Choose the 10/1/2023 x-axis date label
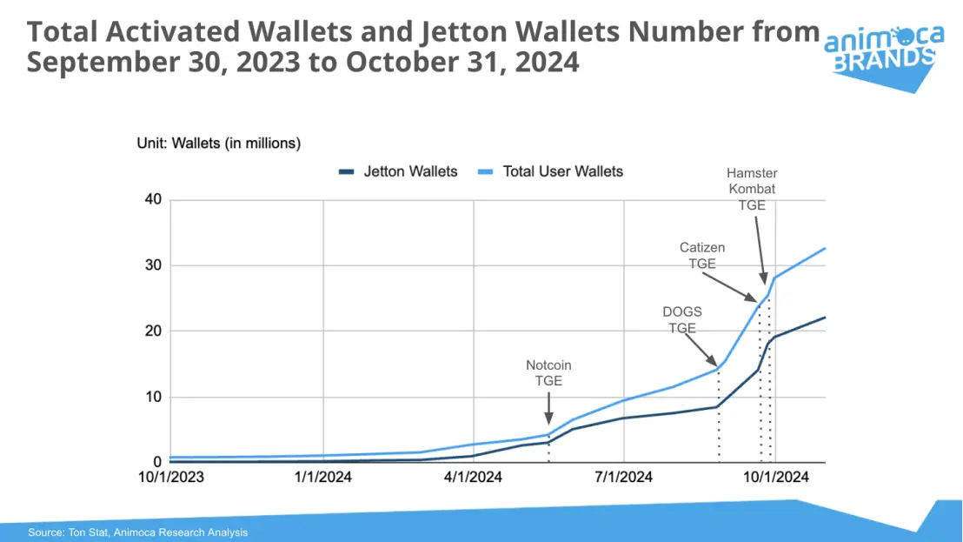[172, 477]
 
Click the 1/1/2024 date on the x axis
[323, 477]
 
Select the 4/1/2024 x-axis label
[474, 477]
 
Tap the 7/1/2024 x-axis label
[624, 477]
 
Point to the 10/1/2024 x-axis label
[774, 477]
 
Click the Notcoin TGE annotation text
[548, 372]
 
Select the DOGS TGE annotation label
[681, 319]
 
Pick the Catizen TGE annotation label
[701, 255]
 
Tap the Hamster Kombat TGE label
[752, 189]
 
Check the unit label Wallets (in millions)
[218, 144]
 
